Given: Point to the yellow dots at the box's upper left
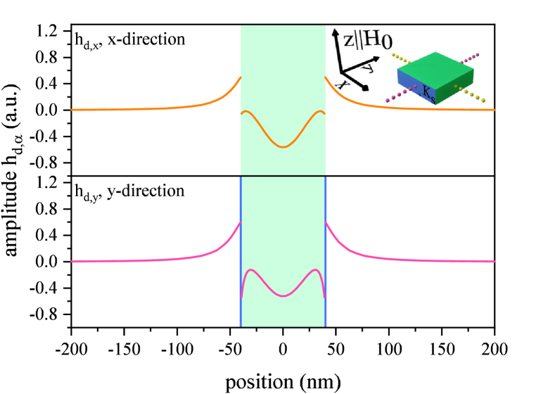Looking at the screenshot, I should coord(400,58).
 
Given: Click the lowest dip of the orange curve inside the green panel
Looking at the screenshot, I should coord(283,147).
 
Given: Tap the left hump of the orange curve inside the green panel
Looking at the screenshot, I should coord(247,111).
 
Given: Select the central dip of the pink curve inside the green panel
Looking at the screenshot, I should coord(283,295).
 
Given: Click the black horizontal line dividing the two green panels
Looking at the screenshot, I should coord(283,176).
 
